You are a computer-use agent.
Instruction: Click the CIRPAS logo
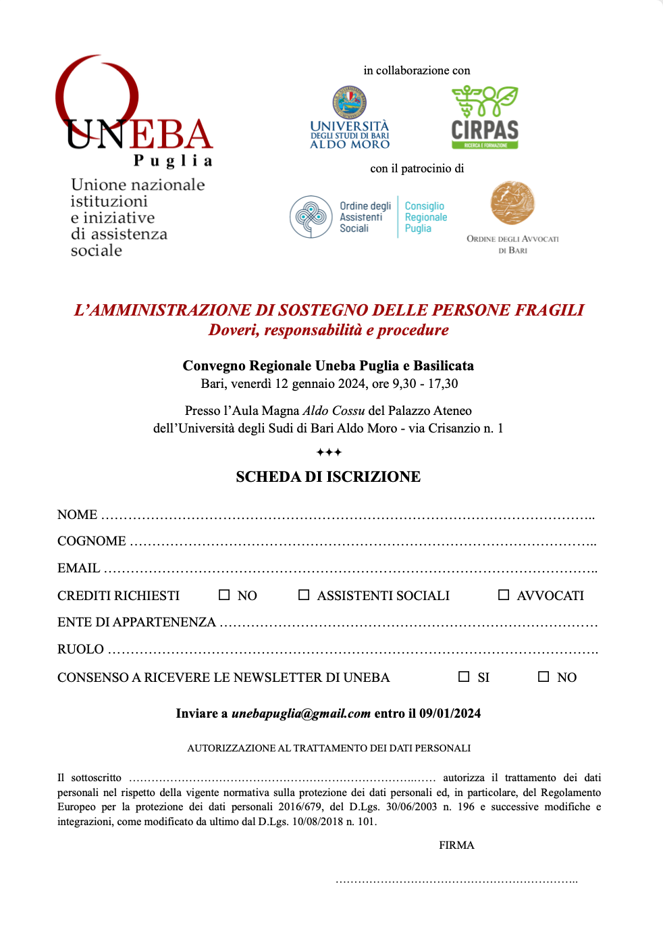[x=485, y=118]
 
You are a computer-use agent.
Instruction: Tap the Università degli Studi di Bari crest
[x=349, y=103]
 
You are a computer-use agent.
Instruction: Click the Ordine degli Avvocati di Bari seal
[x=512, y=203]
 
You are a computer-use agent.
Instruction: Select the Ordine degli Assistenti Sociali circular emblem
[x=311, y=217]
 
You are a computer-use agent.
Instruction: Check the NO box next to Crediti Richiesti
[x=224, y=595]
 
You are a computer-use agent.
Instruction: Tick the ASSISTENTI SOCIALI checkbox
[x=304, y=595]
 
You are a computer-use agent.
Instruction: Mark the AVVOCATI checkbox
[x=504, y=595]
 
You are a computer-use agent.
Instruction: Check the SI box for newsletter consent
[x=464, y=676]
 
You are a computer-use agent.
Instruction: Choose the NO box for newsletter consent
[x=543, y=676]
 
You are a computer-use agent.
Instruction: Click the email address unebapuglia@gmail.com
[x=301, y=714]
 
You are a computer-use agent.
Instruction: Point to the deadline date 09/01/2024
[x=450, y=714]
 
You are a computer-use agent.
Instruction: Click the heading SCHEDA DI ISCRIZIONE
[x=328, y=477]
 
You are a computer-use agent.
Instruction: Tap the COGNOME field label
[x=92, y=541]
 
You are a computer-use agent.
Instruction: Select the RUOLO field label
[x=80, y=649]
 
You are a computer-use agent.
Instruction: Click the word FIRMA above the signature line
[x=456, y=845]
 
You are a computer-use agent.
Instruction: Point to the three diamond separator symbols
[x=329, y=452]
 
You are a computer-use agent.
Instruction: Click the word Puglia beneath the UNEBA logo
[x=173, y=161]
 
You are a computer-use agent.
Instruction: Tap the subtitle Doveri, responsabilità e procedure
[x=328, y=330]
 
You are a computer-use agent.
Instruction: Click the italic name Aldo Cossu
[x=334, y=411]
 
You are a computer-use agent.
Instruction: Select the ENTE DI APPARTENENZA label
[x=136, y=622]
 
